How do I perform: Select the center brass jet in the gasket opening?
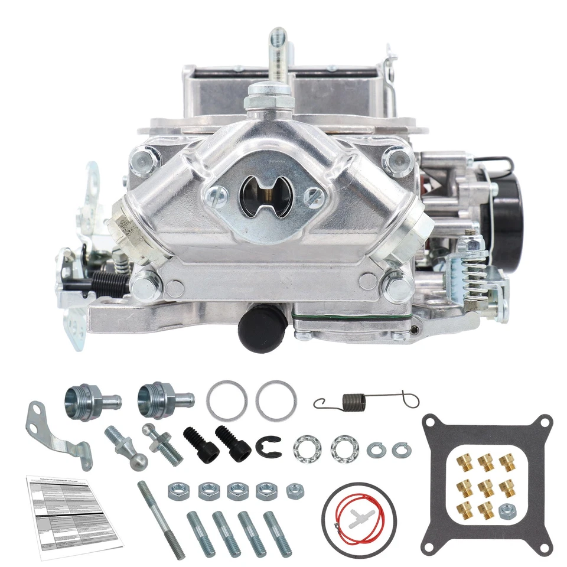(485, 488)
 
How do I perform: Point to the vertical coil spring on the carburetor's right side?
(472, 274)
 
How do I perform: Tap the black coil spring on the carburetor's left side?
(109, 283)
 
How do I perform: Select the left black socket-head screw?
(200, 446)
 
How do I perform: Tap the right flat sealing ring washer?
(276, 400)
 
